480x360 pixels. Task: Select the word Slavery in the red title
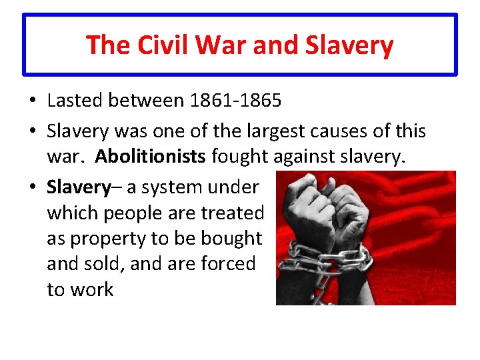point(348,45)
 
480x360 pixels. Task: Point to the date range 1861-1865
point(235,101)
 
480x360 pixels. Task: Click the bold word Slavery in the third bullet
point(78,187)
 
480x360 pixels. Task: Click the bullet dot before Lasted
point(32,101)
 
